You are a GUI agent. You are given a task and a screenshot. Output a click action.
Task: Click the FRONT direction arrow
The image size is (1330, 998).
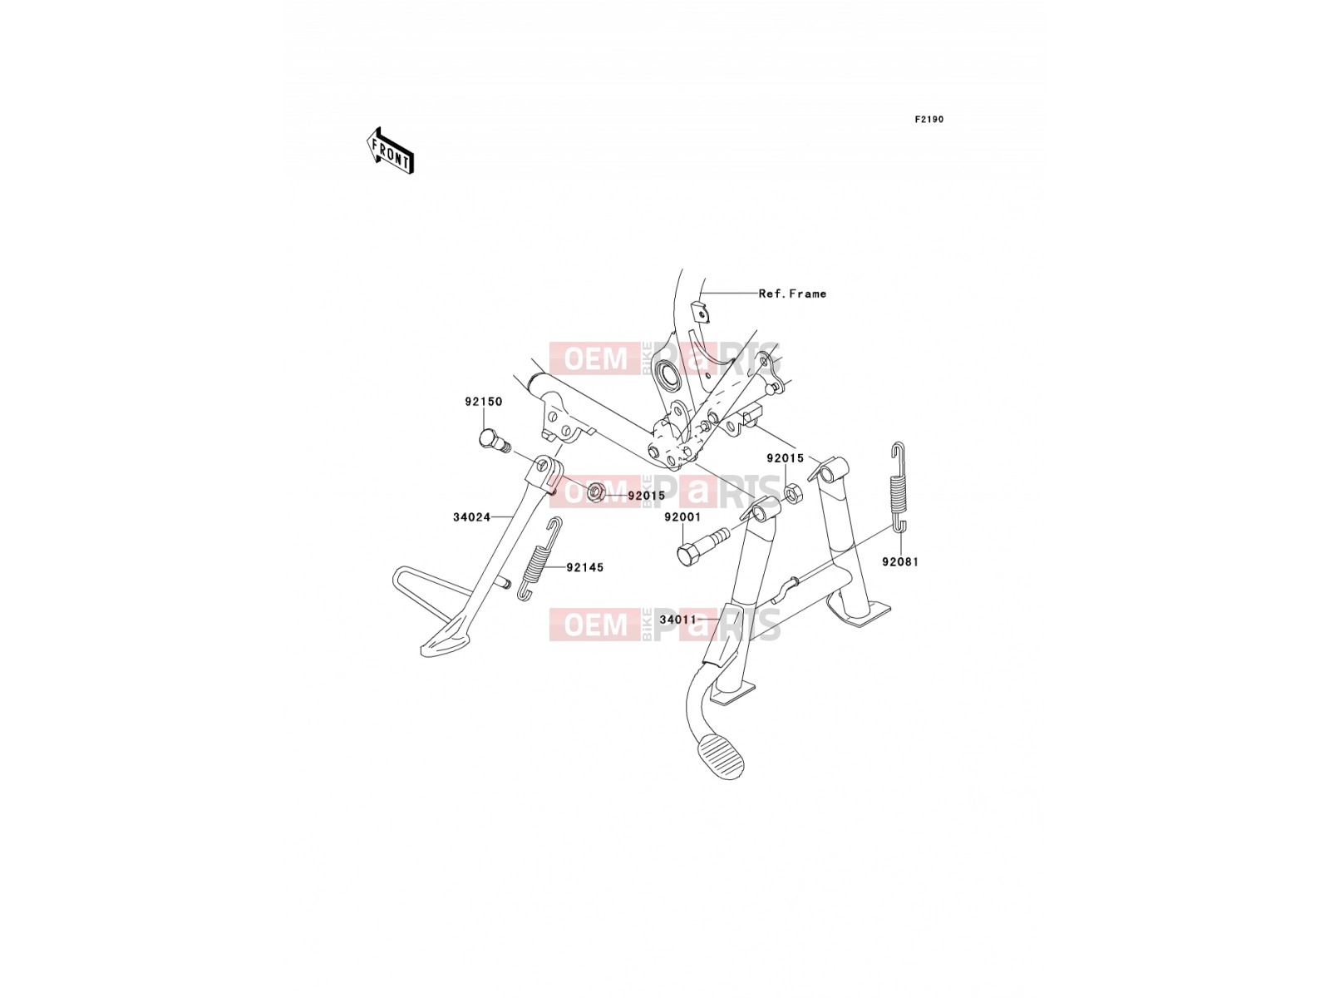pyautogui.click(x=390, y=151)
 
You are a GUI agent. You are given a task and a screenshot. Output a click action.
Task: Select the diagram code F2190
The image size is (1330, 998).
pyautogui.click(x=929, y=120)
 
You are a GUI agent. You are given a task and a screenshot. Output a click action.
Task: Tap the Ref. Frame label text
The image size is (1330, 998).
pyautogui.click(x=792, y=294)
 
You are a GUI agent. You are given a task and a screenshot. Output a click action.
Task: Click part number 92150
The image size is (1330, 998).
pyautogui.click(x=484, y=402)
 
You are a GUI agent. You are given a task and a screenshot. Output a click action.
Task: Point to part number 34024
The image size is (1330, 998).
pyautogui.click(x=471, y=517)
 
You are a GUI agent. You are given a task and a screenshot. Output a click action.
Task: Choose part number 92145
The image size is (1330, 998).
pyautogui.click(x=584, y=568)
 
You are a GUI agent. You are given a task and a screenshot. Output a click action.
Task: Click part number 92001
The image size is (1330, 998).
pyautogui.click(x=682, y=517)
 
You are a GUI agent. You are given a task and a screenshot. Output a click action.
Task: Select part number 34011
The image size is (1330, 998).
pyautogui.click(x=678, y=620)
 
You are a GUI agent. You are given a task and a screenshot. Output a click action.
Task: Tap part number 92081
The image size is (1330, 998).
pyautogui.click(x=899, y=562)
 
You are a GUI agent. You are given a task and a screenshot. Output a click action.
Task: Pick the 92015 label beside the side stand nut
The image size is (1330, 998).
pyautogui.click(x=646, y=496)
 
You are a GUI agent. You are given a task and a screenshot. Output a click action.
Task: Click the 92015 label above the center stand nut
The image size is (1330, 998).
pyautogui.click(x=785, y=459)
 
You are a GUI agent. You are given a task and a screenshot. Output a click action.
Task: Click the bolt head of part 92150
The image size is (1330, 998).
pyautogui.click(x=489, y=438)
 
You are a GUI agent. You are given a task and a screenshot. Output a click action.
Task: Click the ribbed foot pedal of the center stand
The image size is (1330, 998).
pyautogui.click(x=722, y=758)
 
